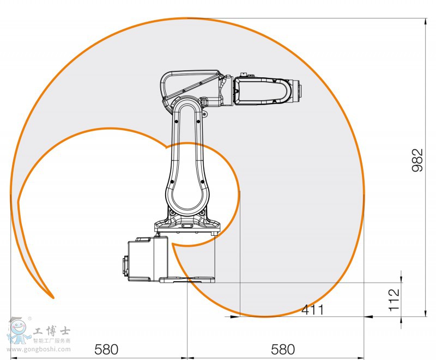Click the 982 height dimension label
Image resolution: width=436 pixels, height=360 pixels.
click(417, 161)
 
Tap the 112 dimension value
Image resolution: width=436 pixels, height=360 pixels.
click(394, 300)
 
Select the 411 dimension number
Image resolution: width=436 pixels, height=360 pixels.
click(313, 310)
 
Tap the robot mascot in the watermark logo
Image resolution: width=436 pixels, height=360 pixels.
click(18, 329)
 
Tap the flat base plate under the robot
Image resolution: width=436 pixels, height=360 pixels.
click(187, 280)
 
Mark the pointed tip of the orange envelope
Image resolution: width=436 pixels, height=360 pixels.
click(53, 297)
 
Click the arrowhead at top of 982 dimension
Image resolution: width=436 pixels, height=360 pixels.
click(425, 22)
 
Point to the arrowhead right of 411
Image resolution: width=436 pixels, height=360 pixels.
click(368, 316)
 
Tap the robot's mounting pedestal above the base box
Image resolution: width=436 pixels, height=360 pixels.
click(187, 225)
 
